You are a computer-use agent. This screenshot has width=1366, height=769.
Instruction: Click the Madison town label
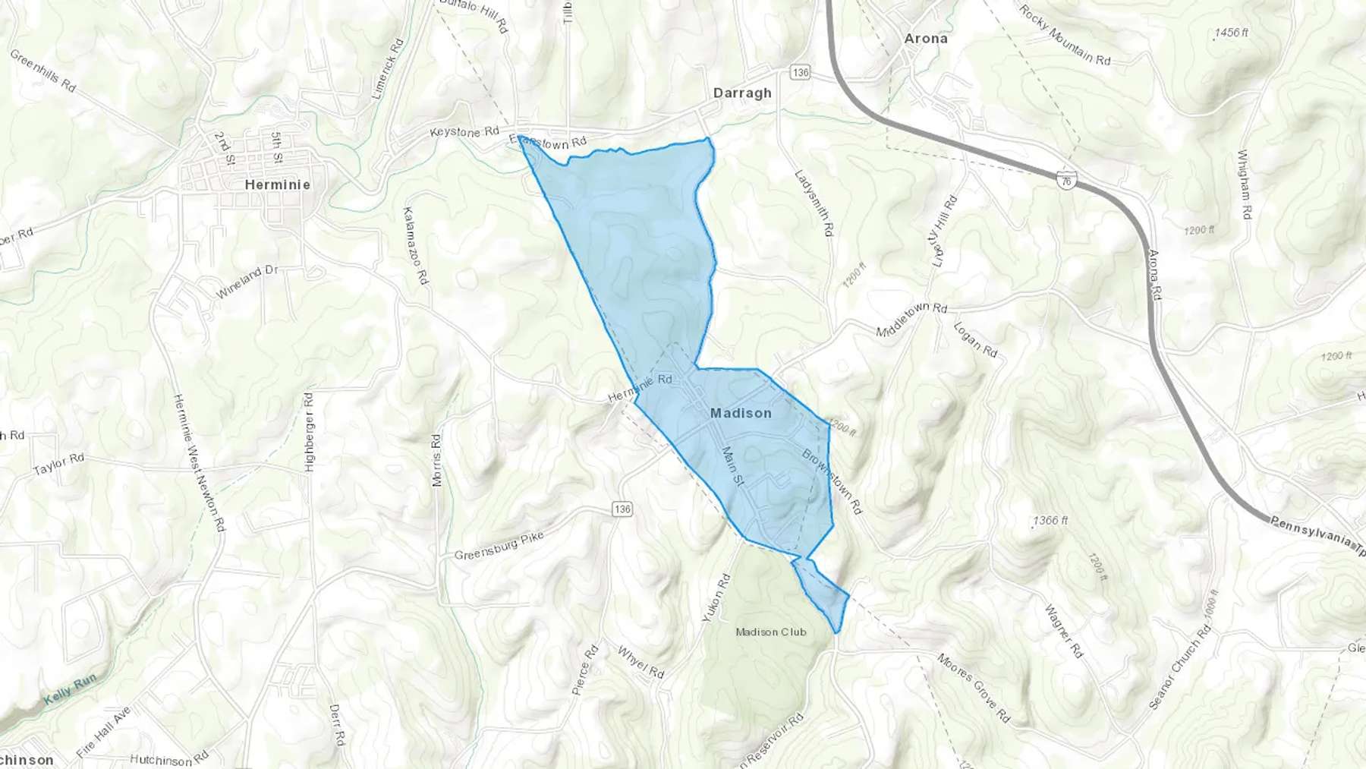point(741,413)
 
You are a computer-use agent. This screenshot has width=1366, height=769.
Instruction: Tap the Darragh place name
point(742,93)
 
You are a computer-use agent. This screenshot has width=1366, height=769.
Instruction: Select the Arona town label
point(926,38)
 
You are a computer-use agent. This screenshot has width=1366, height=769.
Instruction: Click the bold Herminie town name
point(278,184)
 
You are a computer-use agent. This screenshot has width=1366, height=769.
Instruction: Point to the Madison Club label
point(771,632)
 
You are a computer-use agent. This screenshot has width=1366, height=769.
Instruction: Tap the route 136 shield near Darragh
point(800,72)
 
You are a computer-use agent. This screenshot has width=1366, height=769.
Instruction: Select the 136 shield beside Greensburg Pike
point(622,509)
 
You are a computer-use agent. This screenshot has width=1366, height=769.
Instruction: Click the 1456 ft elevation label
point(1231,33)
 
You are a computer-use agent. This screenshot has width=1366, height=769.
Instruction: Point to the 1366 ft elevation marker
point(1051,521)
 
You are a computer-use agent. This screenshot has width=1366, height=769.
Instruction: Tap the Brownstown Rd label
point(833,481)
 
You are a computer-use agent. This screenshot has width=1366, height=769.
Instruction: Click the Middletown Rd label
point(911,320)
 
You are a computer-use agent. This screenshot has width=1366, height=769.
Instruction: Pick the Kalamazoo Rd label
point(416,245)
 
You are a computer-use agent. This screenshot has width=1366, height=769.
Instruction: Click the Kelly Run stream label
point(70,689)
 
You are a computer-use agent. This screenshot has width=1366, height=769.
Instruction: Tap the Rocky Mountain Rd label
point(1064,34)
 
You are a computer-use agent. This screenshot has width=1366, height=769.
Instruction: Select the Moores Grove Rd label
point(974,687)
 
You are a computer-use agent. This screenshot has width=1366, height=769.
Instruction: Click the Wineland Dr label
point(247,282)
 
